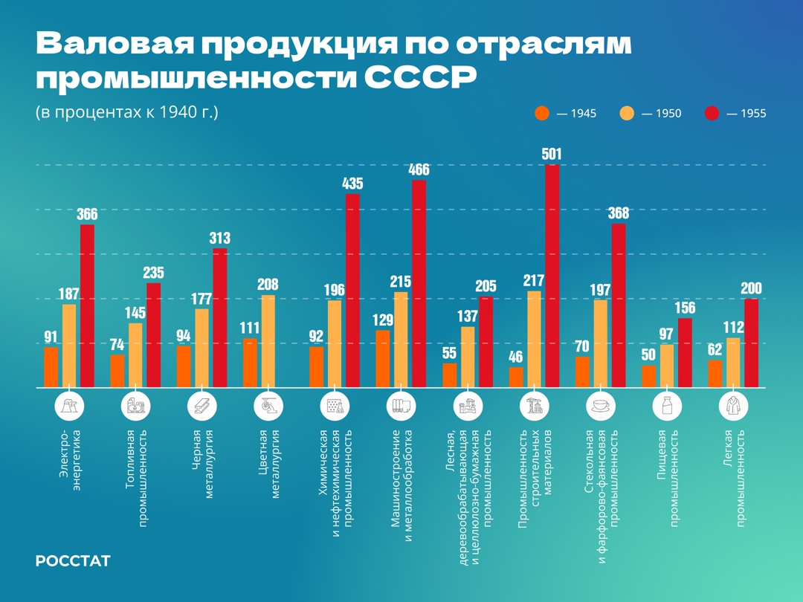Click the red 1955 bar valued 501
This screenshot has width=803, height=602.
point(552,276)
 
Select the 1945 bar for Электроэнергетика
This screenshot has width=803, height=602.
point(51,367)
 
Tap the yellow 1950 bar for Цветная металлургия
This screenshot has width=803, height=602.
point(268,341)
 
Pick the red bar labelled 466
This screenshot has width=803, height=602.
point(419,283)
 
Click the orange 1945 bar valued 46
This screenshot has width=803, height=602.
point(516,377)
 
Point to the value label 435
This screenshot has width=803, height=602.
point(352,183)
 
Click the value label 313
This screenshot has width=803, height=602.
point(220,239)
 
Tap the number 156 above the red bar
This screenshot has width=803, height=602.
point(685,308)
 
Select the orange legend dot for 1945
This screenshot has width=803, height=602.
point(542,114)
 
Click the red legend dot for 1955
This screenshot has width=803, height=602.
point(712,114)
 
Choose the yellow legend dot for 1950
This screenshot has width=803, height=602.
point(628,114)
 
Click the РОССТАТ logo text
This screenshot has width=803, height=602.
point(73,561)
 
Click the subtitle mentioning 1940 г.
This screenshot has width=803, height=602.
point(127,113)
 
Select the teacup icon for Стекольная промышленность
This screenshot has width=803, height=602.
point(599,406)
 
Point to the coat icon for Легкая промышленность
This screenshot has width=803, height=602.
point(733,406)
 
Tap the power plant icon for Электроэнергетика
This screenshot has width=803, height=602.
point(69,406)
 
